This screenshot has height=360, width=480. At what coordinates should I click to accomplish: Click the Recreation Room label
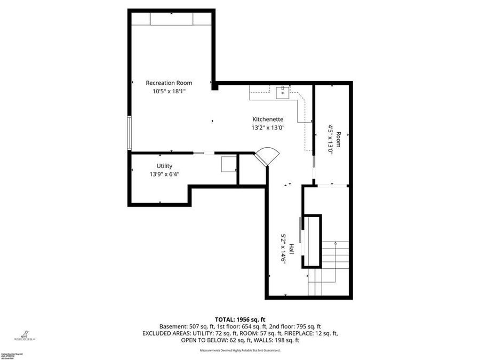[x=169, y=83]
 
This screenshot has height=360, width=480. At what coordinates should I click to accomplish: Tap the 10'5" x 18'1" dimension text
[x=169, y=91]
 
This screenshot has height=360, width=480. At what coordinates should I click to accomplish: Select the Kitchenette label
[x=268, y=119]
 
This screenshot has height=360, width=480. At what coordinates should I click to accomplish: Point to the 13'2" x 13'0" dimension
[x=268, y=127]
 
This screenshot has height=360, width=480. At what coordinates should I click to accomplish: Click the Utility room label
[x=164, y=166]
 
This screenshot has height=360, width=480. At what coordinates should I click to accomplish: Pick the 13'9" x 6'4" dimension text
[x=164, y=174]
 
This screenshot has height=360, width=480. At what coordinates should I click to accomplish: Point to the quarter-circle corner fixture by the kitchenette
[x=266, y=157]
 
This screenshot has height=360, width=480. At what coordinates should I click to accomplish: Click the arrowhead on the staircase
[x=335, y=243]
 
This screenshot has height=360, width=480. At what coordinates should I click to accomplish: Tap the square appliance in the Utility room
[x=229, y=164]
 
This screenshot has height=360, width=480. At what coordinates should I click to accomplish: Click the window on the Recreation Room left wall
[x=129, y=132]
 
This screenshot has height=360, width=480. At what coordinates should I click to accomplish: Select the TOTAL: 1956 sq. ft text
[x=240, y=318]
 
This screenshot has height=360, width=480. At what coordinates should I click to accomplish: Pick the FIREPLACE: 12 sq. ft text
[x=308, y=333]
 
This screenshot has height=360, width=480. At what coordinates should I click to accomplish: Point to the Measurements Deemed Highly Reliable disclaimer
[x=240, y=350]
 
